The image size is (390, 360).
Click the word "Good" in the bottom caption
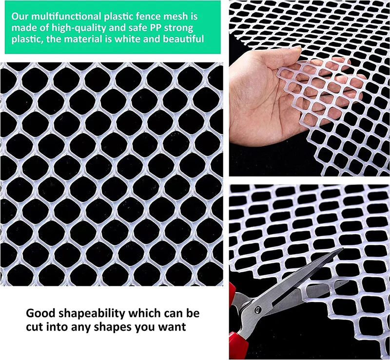[x=40, y=313]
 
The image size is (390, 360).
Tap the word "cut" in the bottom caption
[x=34, y=326]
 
